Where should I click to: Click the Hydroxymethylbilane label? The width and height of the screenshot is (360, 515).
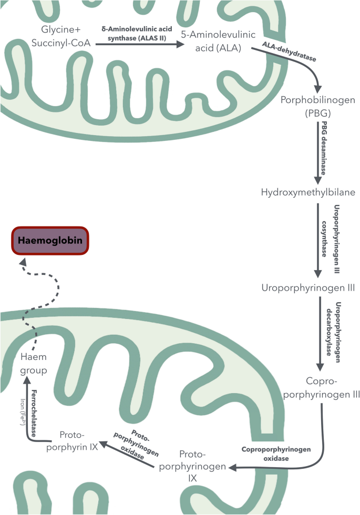point(308,192)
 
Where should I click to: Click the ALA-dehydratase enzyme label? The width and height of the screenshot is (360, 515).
point(290,53)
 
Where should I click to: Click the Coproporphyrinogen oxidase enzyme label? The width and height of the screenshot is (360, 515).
point(276,454)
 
